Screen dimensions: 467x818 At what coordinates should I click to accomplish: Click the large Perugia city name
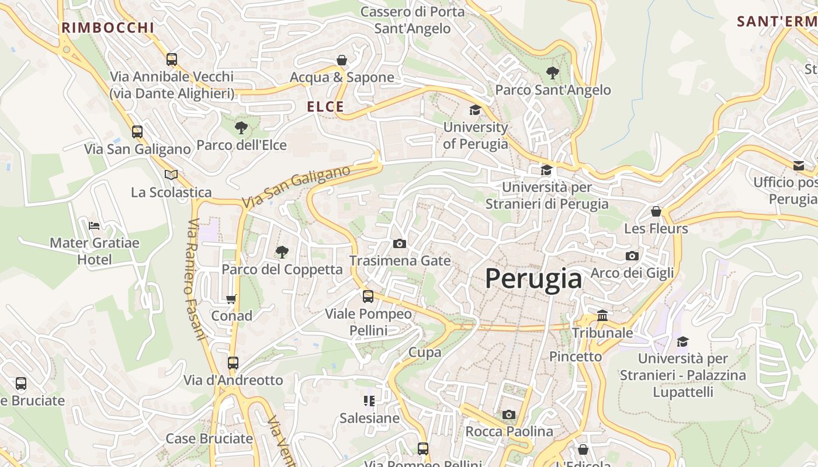tap(533, 279)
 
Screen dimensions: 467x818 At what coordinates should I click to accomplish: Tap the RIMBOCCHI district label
tap(108, 27)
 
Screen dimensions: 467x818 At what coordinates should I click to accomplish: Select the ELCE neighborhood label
tap(325, 107)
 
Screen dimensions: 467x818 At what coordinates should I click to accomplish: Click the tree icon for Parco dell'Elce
tap(241, 127)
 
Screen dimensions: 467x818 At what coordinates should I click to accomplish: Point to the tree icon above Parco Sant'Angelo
tap(552, 73)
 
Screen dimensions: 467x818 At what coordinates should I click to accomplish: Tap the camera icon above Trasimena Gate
tap(400, 243)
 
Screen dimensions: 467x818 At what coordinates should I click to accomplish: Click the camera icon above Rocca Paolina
tap(509, 414)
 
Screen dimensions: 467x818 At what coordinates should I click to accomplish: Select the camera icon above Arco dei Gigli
tap(632, 256)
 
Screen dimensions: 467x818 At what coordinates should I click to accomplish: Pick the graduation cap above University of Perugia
tap(475, 110)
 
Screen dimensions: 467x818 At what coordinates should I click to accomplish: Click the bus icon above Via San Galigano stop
tap(137, 132)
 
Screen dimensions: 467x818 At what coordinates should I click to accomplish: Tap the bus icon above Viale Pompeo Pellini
tap(368, 297)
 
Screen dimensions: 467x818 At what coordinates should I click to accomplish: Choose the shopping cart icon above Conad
tap(231, 299)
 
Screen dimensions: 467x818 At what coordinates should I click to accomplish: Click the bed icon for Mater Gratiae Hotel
tap(94, 225)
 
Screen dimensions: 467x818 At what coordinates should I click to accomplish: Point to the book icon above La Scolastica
tap(171, 175)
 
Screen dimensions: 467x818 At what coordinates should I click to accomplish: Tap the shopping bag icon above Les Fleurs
tap(656, 211)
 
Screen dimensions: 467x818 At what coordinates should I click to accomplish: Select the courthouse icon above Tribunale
tap(602, 316)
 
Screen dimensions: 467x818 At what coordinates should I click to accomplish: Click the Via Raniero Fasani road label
tap(197, 279)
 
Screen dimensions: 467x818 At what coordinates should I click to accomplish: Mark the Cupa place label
tap(425, 352)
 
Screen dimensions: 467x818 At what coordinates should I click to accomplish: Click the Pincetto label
tap(576, 356)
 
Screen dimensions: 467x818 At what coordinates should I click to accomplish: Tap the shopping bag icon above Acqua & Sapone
tap(342, 60)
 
